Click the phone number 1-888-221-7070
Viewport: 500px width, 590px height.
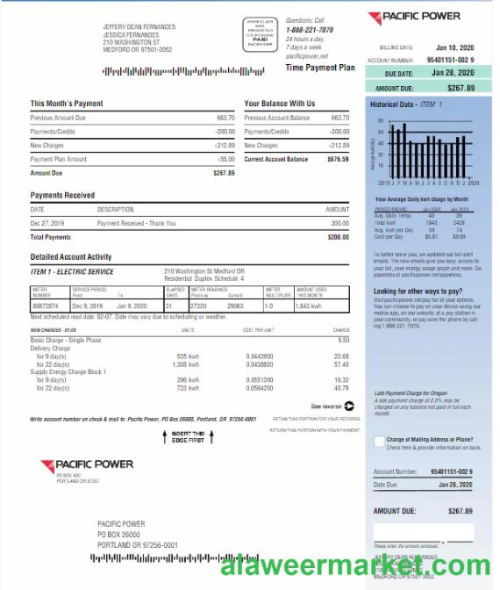(x=310, y=29)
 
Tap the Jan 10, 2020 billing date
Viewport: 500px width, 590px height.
(x=454, y=47)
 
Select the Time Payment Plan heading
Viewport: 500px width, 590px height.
(x=320, y=68)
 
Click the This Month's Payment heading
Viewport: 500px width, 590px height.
(x=68, y=104)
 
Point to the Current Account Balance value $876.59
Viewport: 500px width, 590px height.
(x=338, y=159)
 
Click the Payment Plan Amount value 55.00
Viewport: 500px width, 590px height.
(x=226, y=159)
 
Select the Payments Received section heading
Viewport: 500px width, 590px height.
(x=62, y=195)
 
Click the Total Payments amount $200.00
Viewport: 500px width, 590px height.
(x=338, y=237)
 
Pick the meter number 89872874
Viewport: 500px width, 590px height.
(x=46, y=305)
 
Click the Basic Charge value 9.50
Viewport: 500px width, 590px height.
(x=343, y=339)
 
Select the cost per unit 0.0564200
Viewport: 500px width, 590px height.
(x=259, y=388)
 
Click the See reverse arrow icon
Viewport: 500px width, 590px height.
(x=349, y=406)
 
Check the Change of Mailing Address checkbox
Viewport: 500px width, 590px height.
(x=379, y=441)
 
